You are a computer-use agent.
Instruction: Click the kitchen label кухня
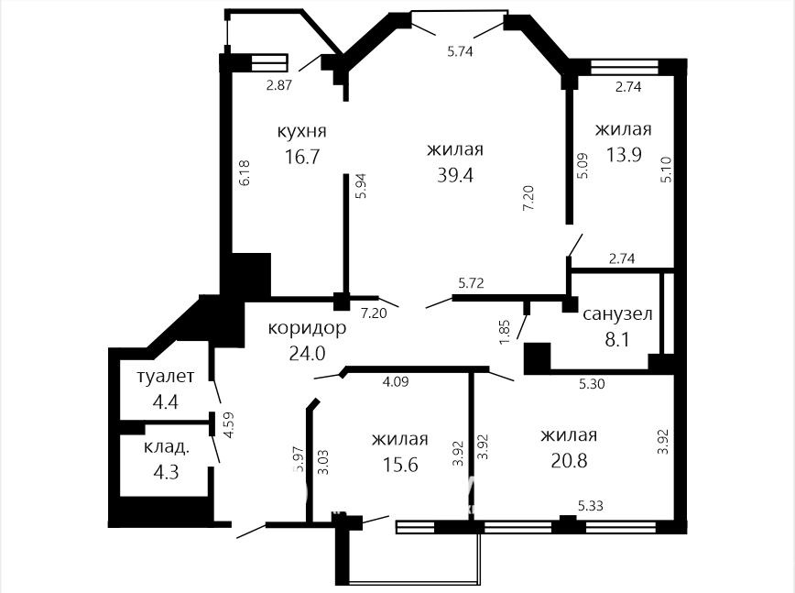pyautogui.click(x=301, y=131)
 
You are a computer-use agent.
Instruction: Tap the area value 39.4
pyautogui.click(x=455, y=175)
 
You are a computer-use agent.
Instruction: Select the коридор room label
pyautogui.click(x=307, y=329)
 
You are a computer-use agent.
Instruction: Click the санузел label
pyautogui.click(x=617, y=314)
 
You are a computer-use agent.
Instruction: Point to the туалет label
pyautogui.click(x=165, y=377)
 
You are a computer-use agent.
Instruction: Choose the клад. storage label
pyautogui.click(x=167, y=447)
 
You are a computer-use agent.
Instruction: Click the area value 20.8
pyautogui.click(x=569, y=461)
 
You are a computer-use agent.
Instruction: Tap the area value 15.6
pyautogui.click(x=400, y=464)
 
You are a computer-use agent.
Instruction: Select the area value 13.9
pyautogui.click(x=624, y=154)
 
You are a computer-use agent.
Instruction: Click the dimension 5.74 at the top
pyautogui.click(x=460, y=50)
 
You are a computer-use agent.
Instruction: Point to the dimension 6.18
pyautogui.click(x=245, y=173)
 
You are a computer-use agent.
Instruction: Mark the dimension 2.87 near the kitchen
pyautogui.click(x=279, y=84)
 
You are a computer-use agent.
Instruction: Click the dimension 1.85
pyautogui.click(x=505, y=332)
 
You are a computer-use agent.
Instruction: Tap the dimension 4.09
pyautogui.click(x=395, y=381)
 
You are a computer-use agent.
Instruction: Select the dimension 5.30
pyautogui.click(x=592, y=384)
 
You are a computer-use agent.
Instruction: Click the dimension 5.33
pyautogui.click(x=591, y=506)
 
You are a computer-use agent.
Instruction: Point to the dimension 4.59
pyautogui.click(x=230, y=425)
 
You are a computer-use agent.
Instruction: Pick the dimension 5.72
pyautogui.click(x=471, y=282)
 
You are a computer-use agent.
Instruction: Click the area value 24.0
pyautogui.click(x=307, y=353)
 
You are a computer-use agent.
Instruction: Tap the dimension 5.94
pyautogui.click(x=361, y=186)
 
